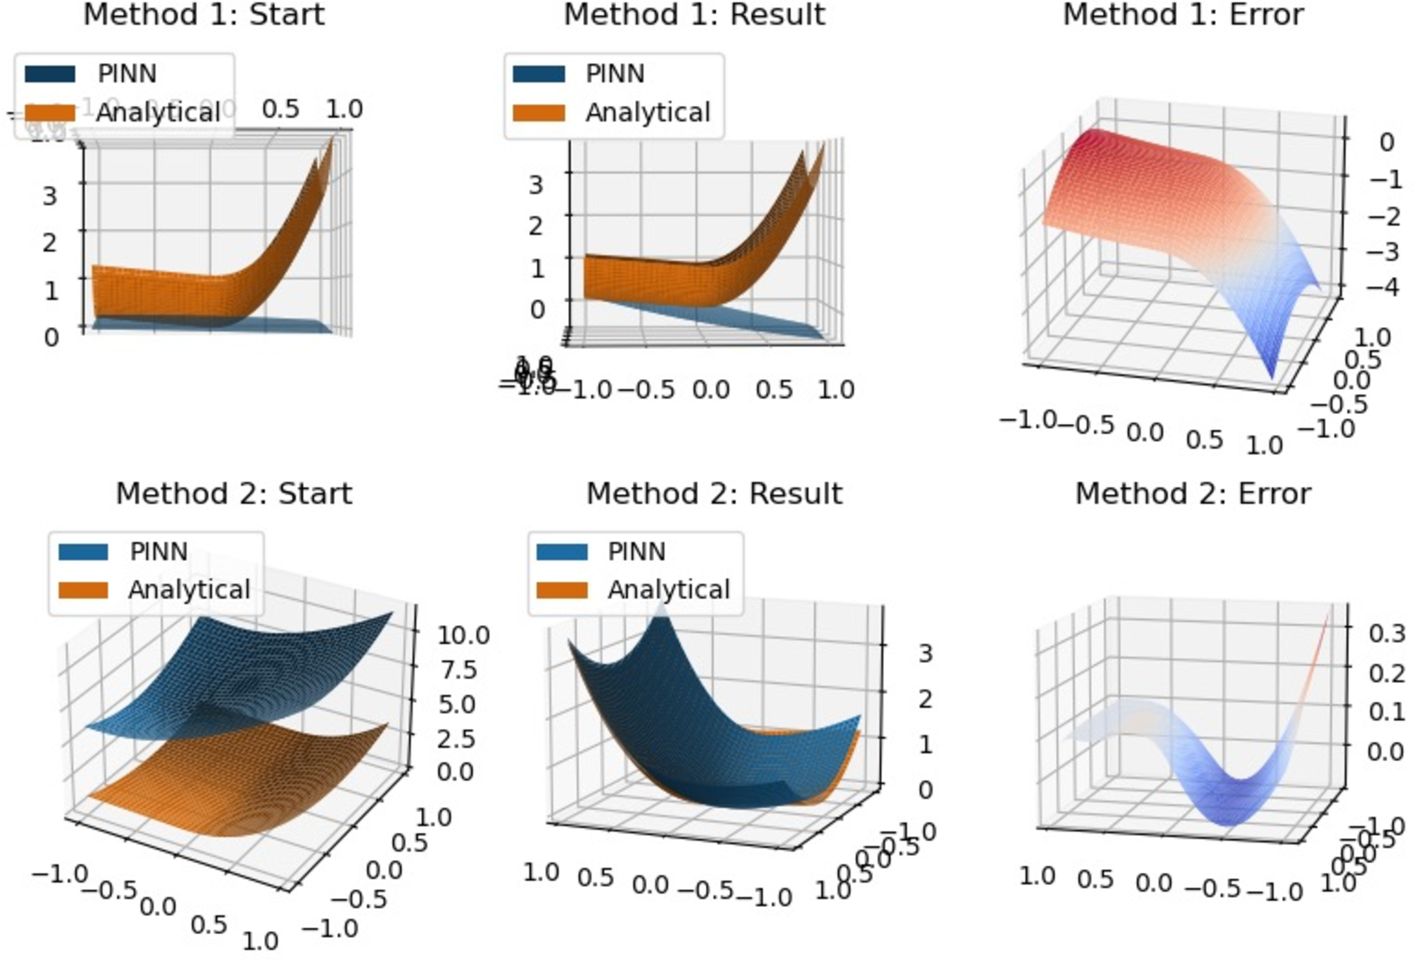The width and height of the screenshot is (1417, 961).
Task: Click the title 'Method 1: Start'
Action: (204, 15)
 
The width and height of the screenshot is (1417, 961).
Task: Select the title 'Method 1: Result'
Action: (695, 15)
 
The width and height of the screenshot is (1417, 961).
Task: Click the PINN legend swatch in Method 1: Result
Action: (538, 74)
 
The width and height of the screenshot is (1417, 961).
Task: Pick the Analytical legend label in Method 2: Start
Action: (189, 589)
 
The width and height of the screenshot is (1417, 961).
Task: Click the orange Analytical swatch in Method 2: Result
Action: (561, 589)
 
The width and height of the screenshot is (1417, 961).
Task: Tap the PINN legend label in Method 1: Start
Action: (127, 74)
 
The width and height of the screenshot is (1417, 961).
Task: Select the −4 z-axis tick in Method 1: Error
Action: (1383, 286)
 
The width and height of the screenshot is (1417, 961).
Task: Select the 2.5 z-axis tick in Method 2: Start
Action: (456, 738)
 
